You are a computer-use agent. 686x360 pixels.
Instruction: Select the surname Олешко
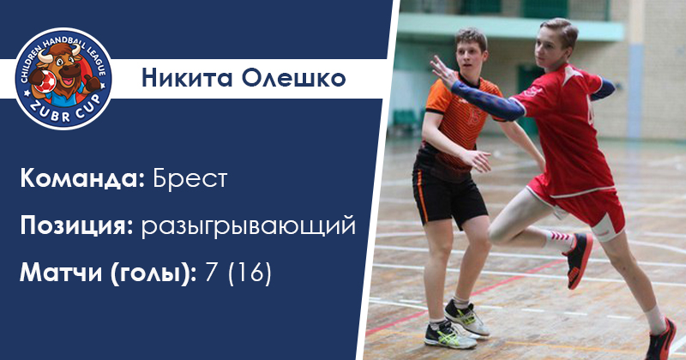tap(293, 78)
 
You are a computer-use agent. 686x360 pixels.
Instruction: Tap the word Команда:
tap(82, 179)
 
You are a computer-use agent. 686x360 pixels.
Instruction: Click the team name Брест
tap(190, 178)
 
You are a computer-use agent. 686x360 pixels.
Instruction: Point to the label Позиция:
tap(76, 226)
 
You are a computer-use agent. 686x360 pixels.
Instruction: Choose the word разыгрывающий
tap(249, 227)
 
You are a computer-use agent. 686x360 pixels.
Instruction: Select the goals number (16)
tap(250, 273)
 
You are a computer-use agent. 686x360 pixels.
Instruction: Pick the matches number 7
tap(211, 273)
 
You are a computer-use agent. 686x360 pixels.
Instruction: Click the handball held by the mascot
tap(45, 81)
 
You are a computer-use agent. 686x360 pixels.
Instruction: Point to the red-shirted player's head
tap(555, 40)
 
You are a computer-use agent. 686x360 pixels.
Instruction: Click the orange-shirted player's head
tap(471, 51)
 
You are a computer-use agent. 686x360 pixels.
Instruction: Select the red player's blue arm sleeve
tap(488, 100)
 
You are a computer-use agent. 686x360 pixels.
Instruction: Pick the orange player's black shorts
tap(448, 193)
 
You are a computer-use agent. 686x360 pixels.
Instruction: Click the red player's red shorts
tap(582, 206)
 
